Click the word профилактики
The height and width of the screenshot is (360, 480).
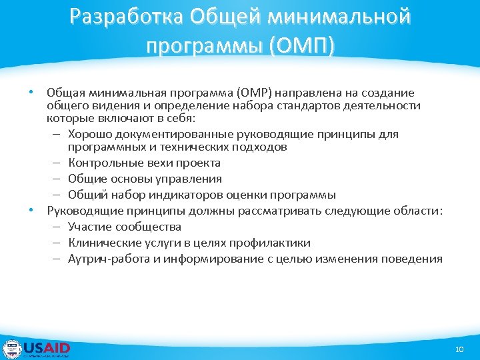[277, 243]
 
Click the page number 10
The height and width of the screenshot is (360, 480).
[458, 349]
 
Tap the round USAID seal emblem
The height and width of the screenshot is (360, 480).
[12, 349]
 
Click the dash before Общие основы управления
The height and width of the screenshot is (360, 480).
[58, 179]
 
